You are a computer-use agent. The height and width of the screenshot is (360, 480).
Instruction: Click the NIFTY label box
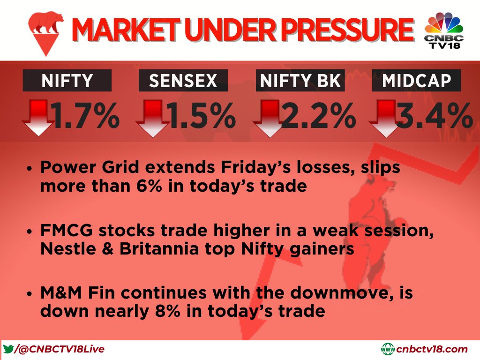point(67,81)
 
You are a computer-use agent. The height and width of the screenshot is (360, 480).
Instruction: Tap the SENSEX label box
point(183,81)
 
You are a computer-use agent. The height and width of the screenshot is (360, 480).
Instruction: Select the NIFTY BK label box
point(300,81)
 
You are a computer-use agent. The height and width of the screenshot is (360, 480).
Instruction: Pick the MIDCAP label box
point(416,81)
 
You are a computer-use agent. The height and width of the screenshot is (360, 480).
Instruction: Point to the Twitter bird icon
point(8,349)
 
